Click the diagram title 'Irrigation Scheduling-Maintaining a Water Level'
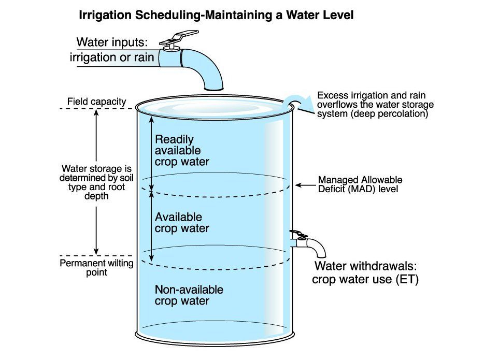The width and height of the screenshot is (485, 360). click(x=216, y=16)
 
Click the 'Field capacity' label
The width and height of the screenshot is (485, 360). click(x=97, y=102)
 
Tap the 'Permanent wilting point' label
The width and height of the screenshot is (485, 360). click(x=96, y=268)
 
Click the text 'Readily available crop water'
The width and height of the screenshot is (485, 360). click(x=182, y=150)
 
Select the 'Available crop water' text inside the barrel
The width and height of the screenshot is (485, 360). click(x=182, y=223)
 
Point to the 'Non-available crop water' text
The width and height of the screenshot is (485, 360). click(x=189, y=295)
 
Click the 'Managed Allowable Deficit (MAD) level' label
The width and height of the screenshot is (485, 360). click(x=360, y=184)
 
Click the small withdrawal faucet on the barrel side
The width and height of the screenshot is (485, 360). click(x=308, y=243)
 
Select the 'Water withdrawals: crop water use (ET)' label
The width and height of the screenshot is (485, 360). click(x=365, y=273)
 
